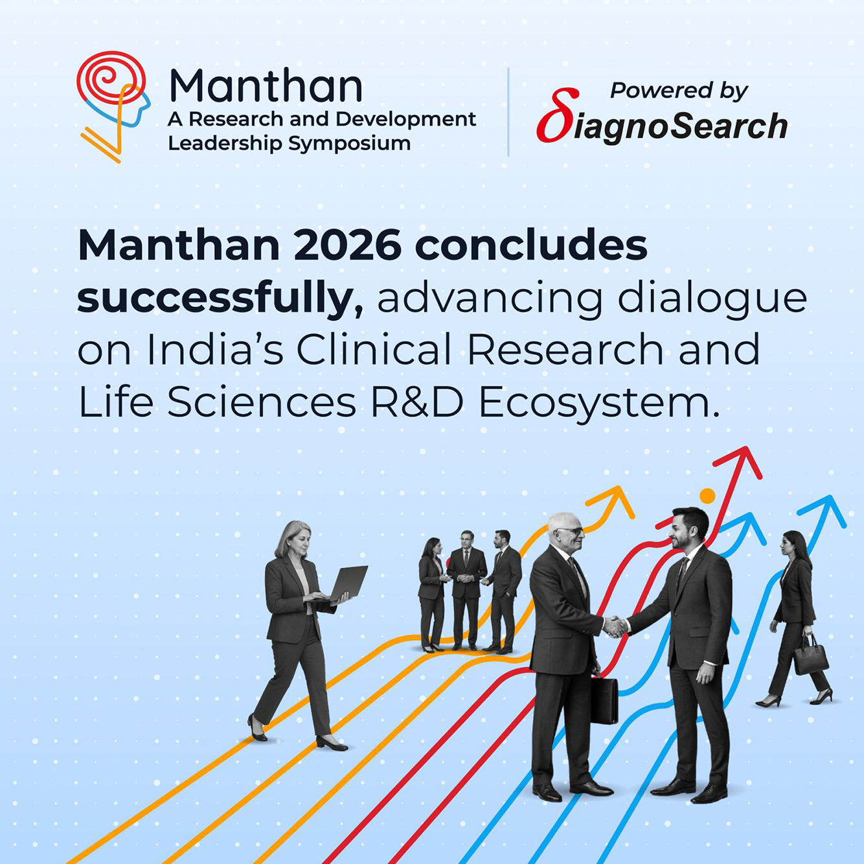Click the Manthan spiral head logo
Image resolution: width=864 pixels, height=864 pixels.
coord(111,104)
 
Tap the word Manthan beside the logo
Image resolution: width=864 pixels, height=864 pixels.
coord(266,85)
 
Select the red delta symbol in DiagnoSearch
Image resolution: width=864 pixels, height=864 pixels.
coord(556,117)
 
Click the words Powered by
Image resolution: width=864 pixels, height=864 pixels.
coord(679,90)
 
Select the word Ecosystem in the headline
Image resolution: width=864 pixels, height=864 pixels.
coord(598,403)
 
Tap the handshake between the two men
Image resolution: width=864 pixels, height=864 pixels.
coord(615,626)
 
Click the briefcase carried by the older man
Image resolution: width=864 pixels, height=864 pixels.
coord(604,700)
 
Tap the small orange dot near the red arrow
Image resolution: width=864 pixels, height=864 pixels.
coord(707,496)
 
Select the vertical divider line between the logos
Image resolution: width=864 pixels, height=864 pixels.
coord(508,111)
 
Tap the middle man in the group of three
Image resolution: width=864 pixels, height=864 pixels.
coord(466,589)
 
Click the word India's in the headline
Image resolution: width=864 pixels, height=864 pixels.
coord(215,350)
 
